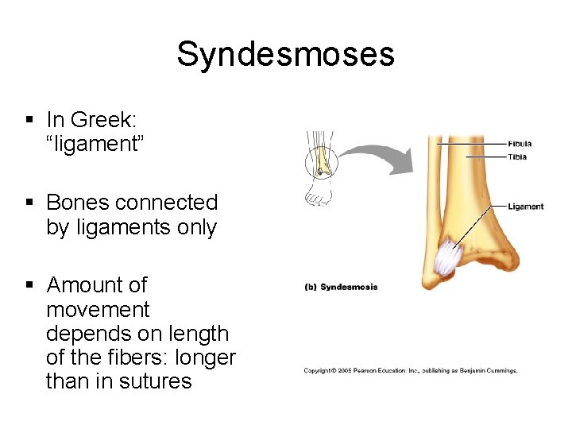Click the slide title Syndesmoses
tap(285, 54)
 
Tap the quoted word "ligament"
tap(95, 145)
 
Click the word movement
tap(98, 309)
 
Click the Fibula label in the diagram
tap(520, 144)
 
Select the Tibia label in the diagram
tap(517, 157)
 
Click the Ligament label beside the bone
tap(525, 207)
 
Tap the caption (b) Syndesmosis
tap(341, 287)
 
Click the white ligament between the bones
tap(449, 258)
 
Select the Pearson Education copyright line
tap(410, 370)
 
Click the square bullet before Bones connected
tap(29, 202)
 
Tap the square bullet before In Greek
tap(29, 120)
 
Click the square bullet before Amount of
tap(29, 284)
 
